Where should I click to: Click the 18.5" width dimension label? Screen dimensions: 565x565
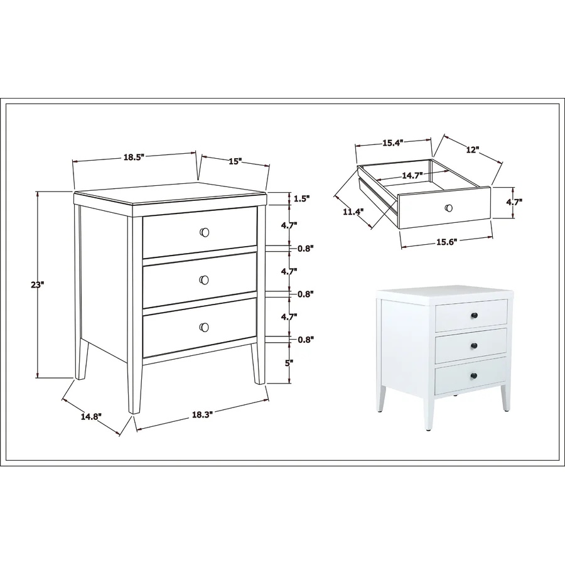click(134, 157)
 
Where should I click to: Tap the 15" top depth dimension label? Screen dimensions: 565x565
click(235, 161)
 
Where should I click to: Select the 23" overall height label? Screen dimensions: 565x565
click(37, 285)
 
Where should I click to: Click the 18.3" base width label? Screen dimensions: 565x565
click(201, 415)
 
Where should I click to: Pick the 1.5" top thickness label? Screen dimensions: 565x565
click(301, 198)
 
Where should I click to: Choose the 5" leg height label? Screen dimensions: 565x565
click(288, 363)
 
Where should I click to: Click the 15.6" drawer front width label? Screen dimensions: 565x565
click(447, 242)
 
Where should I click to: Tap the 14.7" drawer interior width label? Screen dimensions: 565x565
click(412, 176)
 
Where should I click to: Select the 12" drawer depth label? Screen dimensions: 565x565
click(472, 149)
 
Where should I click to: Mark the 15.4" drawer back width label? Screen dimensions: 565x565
click(392, 143)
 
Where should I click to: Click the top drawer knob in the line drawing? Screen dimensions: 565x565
click(204, 232)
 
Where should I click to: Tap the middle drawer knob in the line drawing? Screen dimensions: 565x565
click(204, 280)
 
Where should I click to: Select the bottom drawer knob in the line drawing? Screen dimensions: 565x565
click(204, 327)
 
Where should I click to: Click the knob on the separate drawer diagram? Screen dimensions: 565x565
click(449, 208)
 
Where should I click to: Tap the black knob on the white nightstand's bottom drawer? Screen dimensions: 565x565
click(474, 376)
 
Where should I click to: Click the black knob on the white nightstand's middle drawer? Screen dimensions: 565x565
click(475, 347)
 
